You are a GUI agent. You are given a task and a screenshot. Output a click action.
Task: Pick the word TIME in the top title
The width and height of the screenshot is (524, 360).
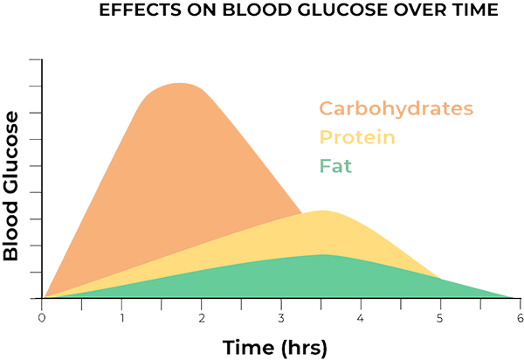pos(416,10)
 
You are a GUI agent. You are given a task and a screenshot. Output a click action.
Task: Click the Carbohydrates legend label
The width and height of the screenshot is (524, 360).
pos(396,109)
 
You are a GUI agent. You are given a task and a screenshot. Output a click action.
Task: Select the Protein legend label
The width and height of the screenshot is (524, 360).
pos(358,137)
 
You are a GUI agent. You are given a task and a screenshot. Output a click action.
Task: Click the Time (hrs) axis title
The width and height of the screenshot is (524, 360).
pos(274,347)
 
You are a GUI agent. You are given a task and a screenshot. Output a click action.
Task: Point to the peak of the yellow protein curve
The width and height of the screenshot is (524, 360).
pos(323,211)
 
